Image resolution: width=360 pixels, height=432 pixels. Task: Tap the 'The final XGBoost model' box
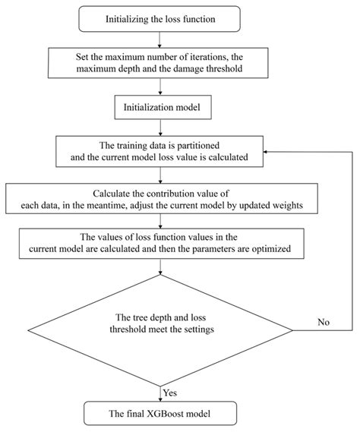point(159,414)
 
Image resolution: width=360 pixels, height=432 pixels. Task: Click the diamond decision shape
point(159,330)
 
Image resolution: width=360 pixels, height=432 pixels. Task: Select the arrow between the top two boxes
point(159,40)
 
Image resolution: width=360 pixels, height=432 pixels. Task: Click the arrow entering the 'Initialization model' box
point(159,86)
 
